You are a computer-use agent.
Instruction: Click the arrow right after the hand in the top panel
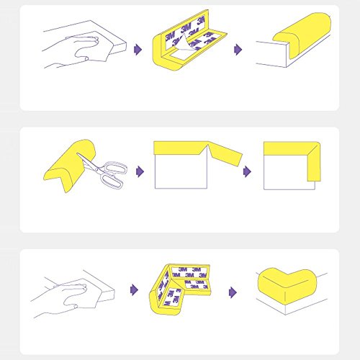[138, 50]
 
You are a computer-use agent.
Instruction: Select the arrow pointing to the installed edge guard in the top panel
[238, 50]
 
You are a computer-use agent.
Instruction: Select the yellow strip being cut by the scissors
[70, 166]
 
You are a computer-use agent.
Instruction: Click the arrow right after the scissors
[140, 171]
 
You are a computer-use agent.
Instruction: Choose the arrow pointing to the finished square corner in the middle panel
[247, 171]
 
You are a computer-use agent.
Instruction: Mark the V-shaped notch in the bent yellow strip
[207, 148]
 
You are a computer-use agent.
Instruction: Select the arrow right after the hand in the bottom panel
[135, 289]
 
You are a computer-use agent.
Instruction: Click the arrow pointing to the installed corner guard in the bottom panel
[233, 292]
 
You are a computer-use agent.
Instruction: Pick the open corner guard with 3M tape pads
[179, 288]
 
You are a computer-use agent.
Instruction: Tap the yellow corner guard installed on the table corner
[287, 286]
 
